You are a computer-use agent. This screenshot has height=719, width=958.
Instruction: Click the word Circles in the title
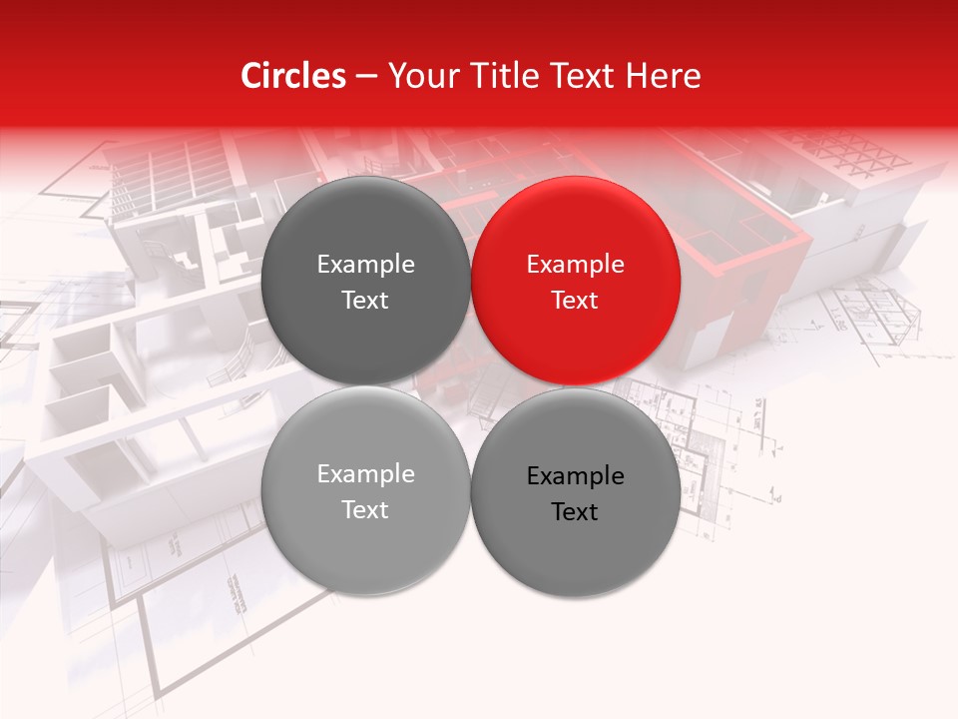tap(293, 76)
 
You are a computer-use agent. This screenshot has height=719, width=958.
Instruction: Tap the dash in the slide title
tap(366, 77)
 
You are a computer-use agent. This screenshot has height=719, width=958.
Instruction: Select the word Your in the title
tap(419, 77)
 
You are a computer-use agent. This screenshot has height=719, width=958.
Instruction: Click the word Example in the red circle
tap(576, 265)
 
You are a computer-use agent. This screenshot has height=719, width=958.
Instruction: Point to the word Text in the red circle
tap(576, 301)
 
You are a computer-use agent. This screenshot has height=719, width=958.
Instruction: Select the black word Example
tap(576, 476)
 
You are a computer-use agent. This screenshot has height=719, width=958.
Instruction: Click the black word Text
tap(576, 512)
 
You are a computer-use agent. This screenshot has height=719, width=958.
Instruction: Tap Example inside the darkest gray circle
tap(365, 265)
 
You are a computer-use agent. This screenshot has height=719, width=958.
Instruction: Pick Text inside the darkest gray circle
tap(365, 301)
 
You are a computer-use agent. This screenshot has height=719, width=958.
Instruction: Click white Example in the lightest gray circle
tap(365, 474)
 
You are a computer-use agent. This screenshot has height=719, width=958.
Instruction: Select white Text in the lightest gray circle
tap(365, 510)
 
